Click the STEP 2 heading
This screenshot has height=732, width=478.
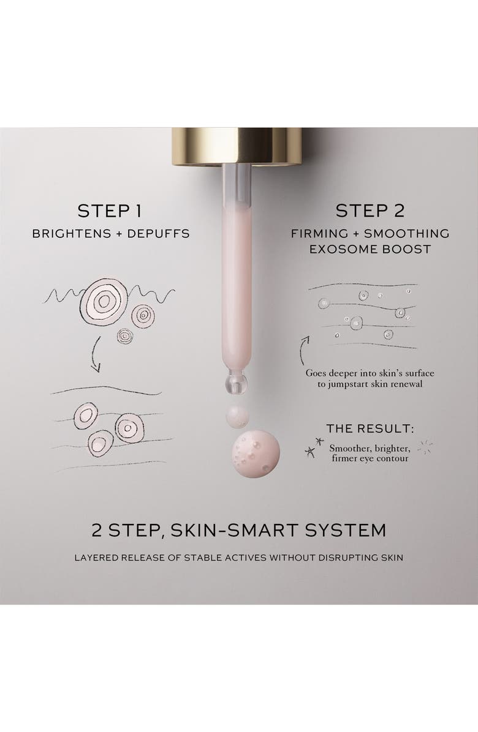coord(370,211)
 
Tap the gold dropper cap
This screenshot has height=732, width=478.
coord(237,146)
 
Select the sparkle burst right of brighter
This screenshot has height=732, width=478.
coord(424,447)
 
